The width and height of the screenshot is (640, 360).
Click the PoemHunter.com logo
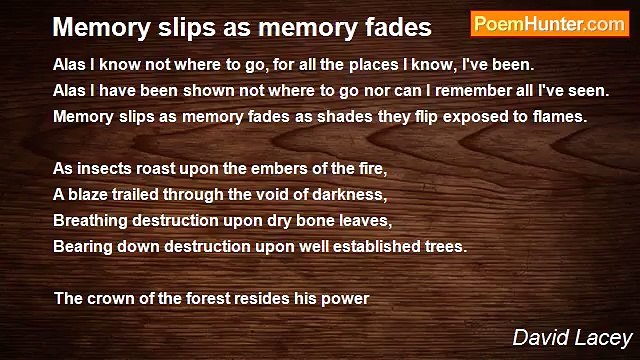(x=549, y=24)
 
